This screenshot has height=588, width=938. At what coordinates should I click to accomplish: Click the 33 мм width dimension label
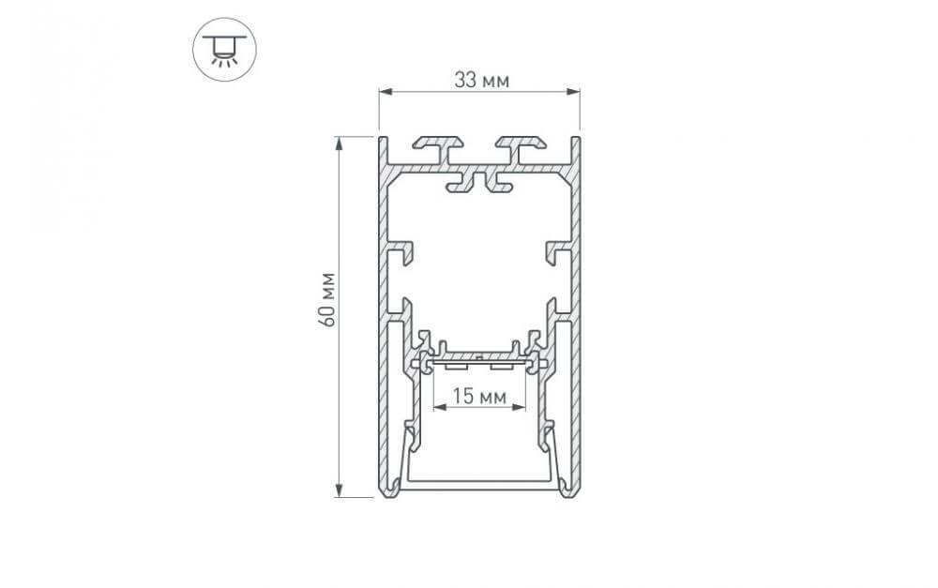(x=481, y=80)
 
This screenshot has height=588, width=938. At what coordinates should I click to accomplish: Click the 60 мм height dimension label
(x=327, y=299)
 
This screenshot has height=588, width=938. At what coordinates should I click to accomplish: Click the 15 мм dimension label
(x=479, y=396)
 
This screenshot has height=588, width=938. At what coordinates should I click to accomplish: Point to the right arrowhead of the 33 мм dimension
(x=574, y=92)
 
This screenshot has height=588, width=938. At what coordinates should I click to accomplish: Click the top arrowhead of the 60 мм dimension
(x=340, y=143)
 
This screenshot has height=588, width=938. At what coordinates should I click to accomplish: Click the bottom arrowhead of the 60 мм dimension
(x=340, y=490)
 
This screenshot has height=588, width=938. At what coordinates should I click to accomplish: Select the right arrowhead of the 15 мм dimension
(x=520, y=407)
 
